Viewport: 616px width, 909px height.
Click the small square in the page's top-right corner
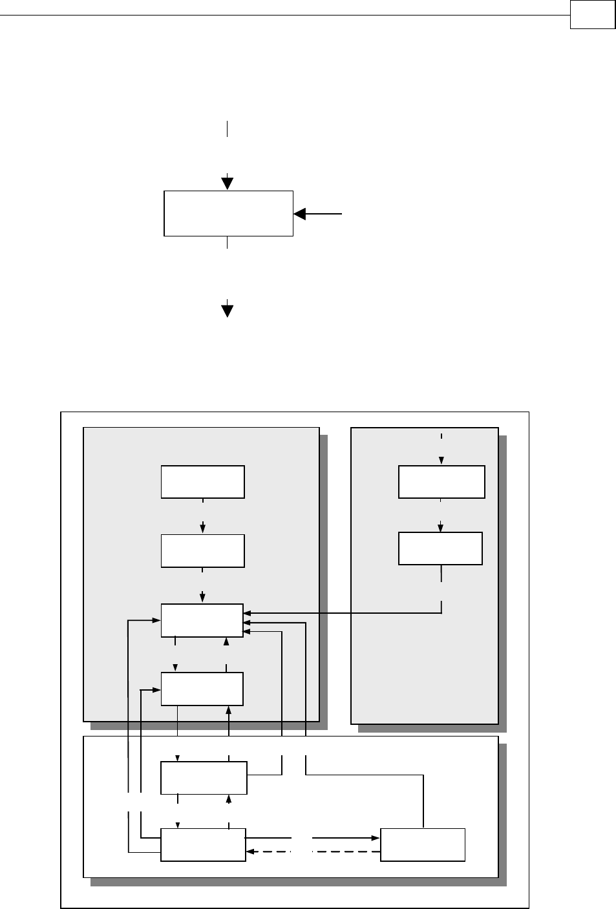click(592, 15)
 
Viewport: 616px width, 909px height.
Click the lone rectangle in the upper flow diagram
click(228, 213)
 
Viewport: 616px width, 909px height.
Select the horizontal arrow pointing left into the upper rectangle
click(317, 214)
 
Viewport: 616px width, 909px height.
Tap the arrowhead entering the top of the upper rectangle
click(228, 183)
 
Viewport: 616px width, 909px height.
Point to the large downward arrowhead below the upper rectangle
click(228, 310)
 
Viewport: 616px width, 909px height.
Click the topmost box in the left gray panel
click(202, 482)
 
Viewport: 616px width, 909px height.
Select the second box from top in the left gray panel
click(202, 551)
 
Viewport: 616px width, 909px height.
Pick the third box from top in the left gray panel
click(202, 620)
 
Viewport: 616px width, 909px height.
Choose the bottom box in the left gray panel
click(202, 689)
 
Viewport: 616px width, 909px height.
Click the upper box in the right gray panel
click(441, 482)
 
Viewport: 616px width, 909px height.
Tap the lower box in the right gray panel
click(440, 549)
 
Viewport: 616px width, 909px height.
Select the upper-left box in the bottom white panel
click(203, 778)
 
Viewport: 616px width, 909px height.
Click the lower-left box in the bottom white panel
click(203, 844)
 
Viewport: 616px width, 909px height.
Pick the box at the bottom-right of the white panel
click(423, 844)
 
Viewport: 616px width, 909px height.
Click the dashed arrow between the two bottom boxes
click(313, 852)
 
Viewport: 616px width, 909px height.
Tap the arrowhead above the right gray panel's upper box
click(441, 461)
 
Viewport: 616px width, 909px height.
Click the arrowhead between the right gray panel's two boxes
click(441, 527)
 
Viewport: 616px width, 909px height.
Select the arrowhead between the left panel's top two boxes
click(203, 528)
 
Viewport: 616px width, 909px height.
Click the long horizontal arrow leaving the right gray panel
click(343, 612)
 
